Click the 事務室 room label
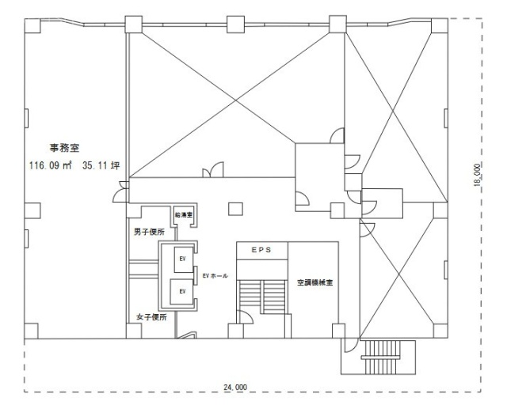click(67, 146)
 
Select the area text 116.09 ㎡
click(51, 167)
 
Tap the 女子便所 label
click(149, 317)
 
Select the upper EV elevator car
click(182, 258)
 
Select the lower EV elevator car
click(182, 292)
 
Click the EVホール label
click(215, 275)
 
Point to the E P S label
click(261, 249)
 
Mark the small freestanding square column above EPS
click(233, 209)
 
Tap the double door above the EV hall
click(213, 169)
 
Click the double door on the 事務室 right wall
click(122, 190)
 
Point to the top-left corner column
click(33, 24)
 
